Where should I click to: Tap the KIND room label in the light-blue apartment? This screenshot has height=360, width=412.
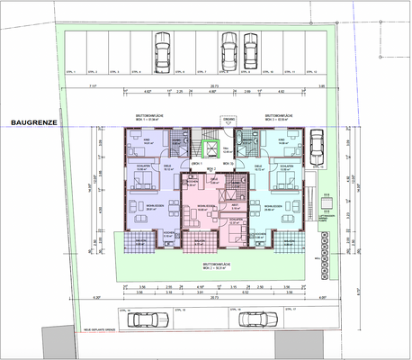[x=281, y=140]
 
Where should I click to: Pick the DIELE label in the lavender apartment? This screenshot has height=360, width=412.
[x=168, y=166]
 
